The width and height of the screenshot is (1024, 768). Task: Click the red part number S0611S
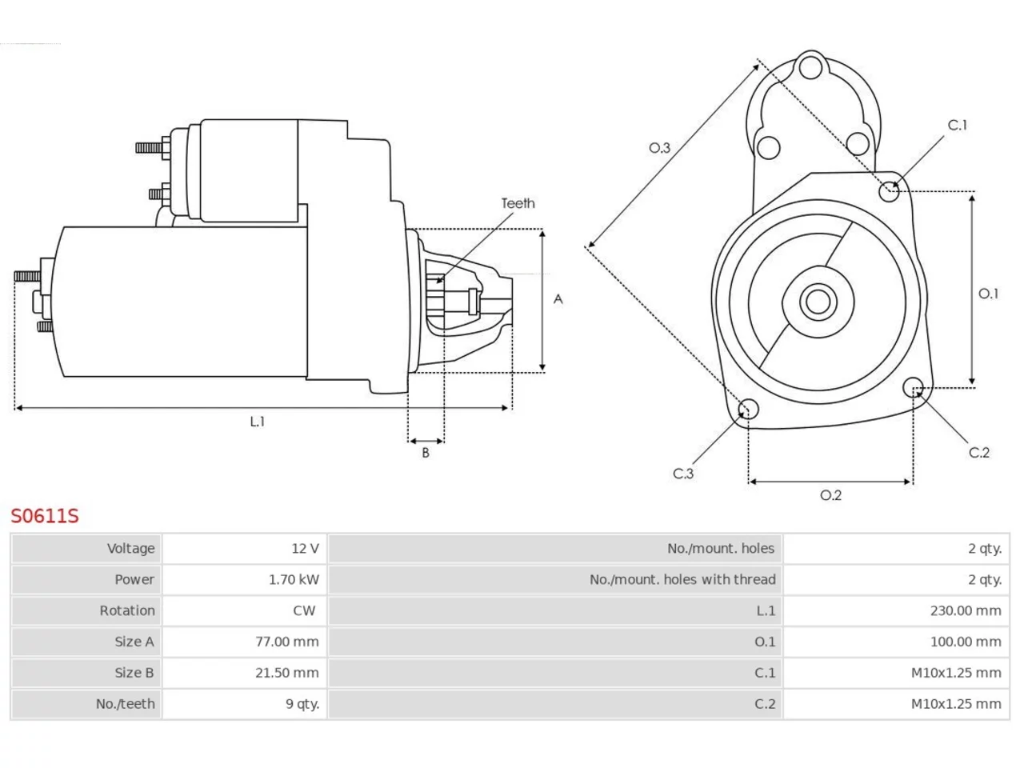coord(45,516)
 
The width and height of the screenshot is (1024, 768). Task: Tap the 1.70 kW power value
coord(294,580)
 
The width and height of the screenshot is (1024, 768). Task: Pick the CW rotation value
coord(304,611)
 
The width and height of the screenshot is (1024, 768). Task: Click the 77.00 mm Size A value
coord(287,642)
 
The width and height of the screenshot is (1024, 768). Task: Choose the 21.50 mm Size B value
coord(287,673)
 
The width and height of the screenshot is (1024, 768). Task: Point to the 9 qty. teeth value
coord(302,704)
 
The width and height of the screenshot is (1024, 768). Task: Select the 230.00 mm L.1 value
coord(966,611)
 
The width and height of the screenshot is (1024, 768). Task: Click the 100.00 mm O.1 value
coord(966,642)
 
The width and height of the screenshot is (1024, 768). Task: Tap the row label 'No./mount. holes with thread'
coord(682,580)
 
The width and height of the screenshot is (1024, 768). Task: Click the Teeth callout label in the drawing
coord(518,203)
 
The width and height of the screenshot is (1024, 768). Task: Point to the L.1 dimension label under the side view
coord(258,422)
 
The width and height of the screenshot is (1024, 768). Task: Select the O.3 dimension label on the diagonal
coord(660,148)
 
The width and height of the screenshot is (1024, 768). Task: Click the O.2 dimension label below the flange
coord(831,495)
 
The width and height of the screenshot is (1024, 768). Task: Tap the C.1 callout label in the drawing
coord(958,125)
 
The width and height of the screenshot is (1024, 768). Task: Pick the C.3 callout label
coord(683,474)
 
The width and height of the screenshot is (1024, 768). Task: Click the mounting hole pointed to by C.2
coord(913,387)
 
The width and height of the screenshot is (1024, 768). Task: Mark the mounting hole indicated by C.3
coord(748,409)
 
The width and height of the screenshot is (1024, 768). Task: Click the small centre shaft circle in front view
coord(818,302)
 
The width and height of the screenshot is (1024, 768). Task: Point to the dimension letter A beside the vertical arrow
coord(558,299)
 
